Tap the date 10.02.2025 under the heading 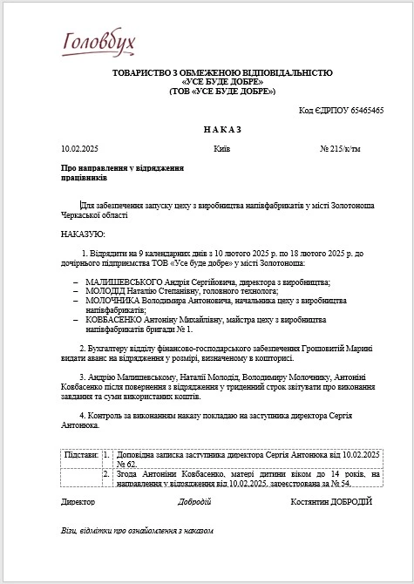coord(79,149)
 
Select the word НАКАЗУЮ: coord(83,234)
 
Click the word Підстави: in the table coord(82,455)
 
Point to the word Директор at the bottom coord(78,502)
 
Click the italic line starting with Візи coord(137,530)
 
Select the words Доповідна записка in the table coord(147,455)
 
